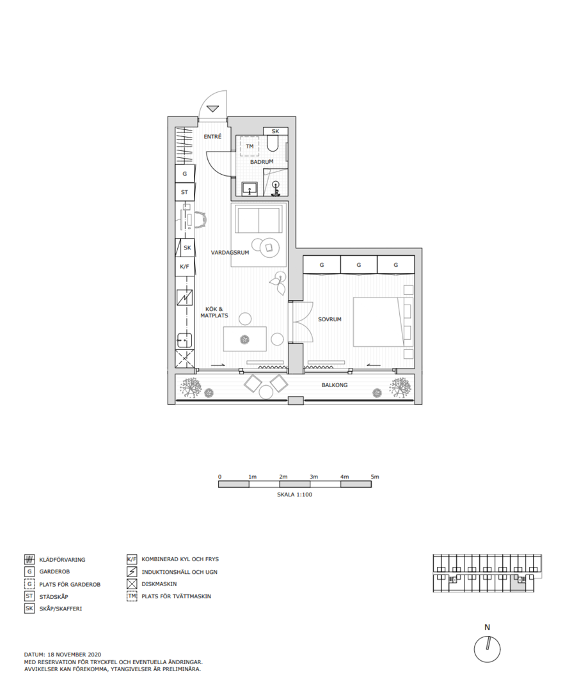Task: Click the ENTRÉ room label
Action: point(212,137)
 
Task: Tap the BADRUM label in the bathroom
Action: point(262,162)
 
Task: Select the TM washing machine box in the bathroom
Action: point(250,147)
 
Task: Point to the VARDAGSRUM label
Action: point(230,253)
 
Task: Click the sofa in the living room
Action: point(258,220)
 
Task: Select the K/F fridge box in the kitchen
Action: point(185,267)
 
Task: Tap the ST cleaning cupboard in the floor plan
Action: point(185,192)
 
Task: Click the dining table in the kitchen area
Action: point(244,339)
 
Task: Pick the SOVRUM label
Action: point(330,319)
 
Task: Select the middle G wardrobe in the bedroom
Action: point(359,266)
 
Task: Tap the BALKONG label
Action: point(335,385)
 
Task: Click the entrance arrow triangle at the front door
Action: point(213,108)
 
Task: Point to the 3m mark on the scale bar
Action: point(314,477)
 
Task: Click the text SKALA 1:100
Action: point(294,495)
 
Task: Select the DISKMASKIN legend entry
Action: point(152,584)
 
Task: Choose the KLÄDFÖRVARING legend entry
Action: point(54,560)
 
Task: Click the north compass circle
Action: point(487,649)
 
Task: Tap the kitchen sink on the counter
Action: point(185,340)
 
